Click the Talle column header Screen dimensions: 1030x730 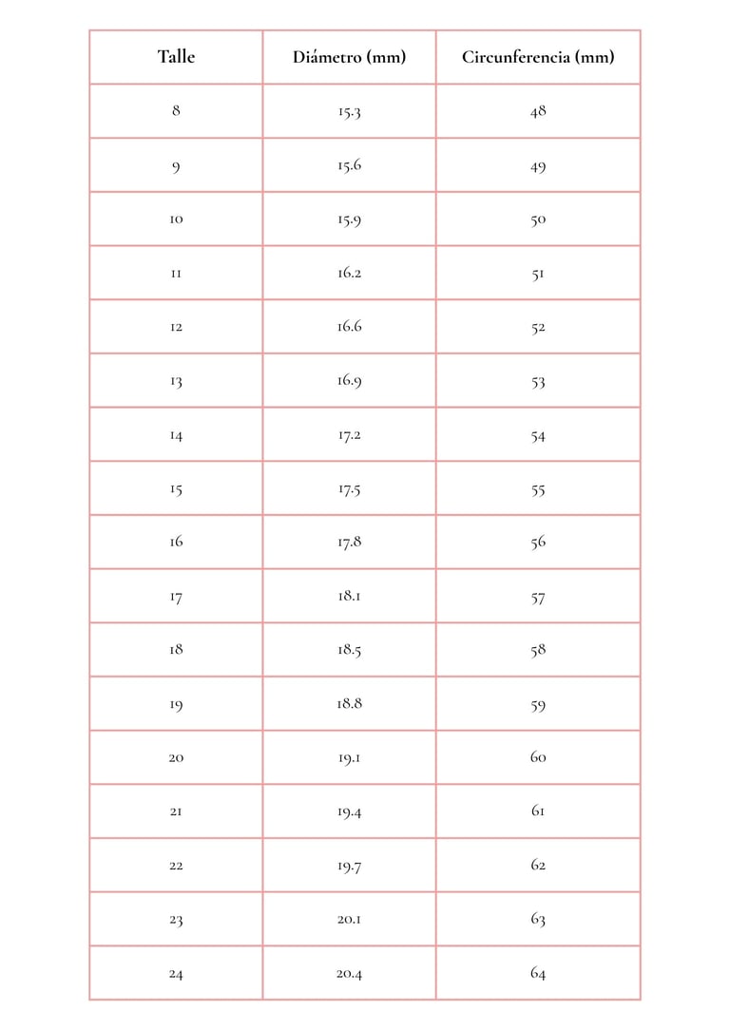click(x=176, y=57)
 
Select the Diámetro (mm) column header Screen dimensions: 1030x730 click(x=349, y=57)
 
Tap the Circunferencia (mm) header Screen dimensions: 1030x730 click(x=538, y=57)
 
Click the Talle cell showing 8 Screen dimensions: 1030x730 click(x=176, y=110)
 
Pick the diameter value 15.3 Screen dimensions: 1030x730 click(x=349, y=111)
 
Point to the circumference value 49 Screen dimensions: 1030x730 click(x=538, y=166)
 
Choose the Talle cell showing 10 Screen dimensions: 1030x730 click(x=176, y=219)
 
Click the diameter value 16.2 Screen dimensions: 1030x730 click(x=349, y=274)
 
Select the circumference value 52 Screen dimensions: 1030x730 click(x=538, y=328)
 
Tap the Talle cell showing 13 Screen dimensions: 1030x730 click(x=176, y=382)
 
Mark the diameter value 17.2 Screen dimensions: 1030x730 click(x=349, y=435)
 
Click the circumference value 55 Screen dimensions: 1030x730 click(x=538, y=489)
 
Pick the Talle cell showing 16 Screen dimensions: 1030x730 click(x=176, y=543)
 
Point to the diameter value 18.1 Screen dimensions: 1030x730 click(x=349, y=597)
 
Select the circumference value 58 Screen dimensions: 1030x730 click(x=538, y=651)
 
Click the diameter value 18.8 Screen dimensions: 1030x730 click(x=349, y=704)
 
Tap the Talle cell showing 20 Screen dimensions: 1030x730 click(x=176, y=758)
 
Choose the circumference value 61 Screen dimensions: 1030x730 click(x=538, y=811)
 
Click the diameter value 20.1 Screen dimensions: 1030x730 click(x=349, y=920)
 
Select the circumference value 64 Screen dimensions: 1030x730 click(x=538, y=973)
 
